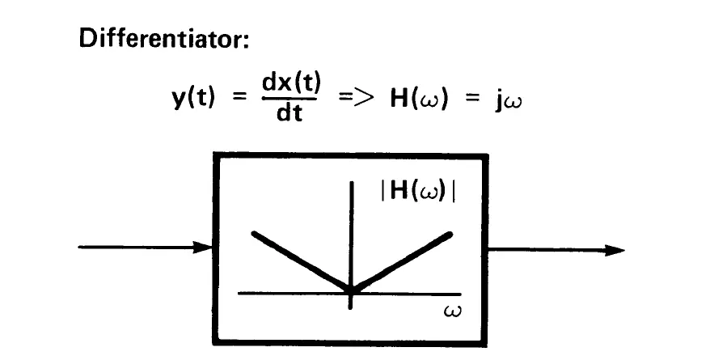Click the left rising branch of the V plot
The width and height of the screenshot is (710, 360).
299,260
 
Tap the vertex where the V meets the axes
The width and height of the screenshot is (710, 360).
351,290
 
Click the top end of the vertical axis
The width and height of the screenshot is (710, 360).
352,183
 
